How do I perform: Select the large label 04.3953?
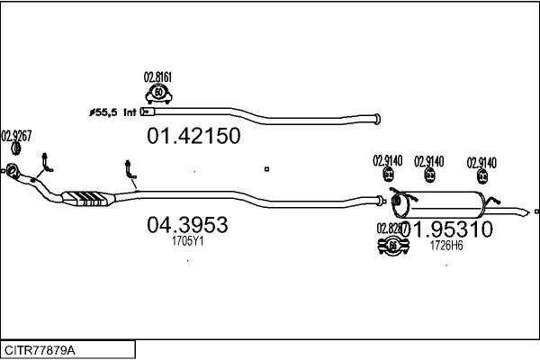point(187,225)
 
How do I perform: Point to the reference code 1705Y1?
point(187,241)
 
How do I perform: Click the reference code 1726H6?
point(445,245)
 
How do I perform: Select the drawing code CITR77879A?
point(40,349)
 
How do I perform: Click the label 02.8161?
point(158,77)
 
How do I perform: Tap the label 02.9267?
point(16,136)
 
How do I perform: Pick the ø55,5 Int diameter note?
point(111,112)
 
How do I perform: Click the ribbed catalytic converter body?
point(87,197)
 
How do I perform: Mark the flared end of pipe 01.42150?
point(376,117)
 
